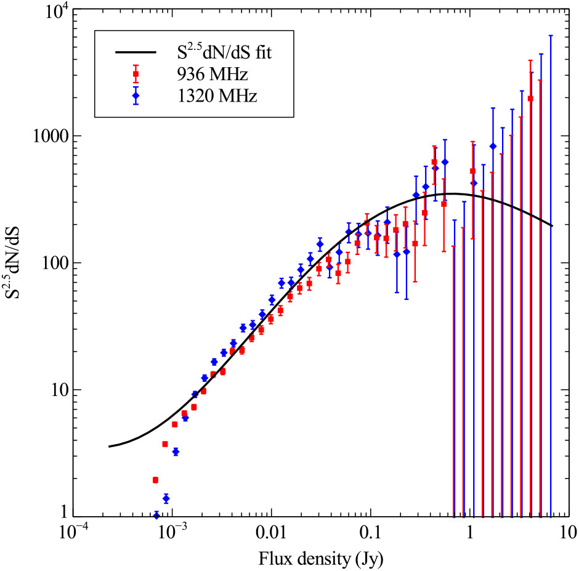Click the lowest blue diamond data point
pyautogui.click(x=156, y=515)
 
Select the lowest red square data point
pyautogui.click(x=155, y=480)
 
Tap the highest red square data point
pyautogui.click(x=530, y=99)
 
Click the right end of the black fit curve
pyautogui.click(x=552, y=225)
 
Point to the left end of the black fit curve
pyautogui.click(x=109, y=446)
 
